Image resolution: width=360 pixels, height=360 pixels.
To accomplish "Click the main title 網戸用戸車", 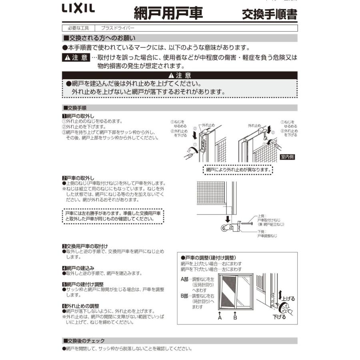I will (168, 13).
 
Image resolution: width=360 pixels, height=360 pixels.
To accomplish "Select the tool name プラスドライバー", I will (118, 28).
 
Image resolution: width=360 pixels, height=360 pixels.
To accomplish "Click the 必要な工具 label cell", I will (78, 28).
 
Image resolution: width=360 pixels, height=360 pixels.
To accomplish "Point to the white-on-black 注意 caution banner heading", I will (180, 75).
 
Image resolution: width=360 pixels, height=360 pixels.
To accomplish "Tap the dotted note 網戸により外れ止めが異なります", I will (238, 170).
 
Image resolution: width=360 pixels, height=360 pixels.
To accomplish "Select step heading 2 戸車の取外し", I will (78, 178).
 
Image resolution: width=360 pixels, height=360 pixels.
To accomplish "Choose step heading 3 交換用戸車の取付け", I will (85, 246).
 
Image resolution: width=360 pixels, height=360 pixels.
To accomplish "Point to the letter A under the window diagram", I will (220, 318).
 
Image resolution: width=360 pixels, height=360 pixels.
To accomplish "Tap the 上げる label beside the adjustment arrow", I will (289, 298).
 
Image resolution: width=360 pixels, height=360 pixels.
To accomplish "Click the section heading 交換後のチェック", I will (84, 341).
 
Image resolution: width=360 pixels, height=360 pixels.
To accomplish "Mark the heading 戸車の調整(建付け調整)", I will (208, 258).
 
